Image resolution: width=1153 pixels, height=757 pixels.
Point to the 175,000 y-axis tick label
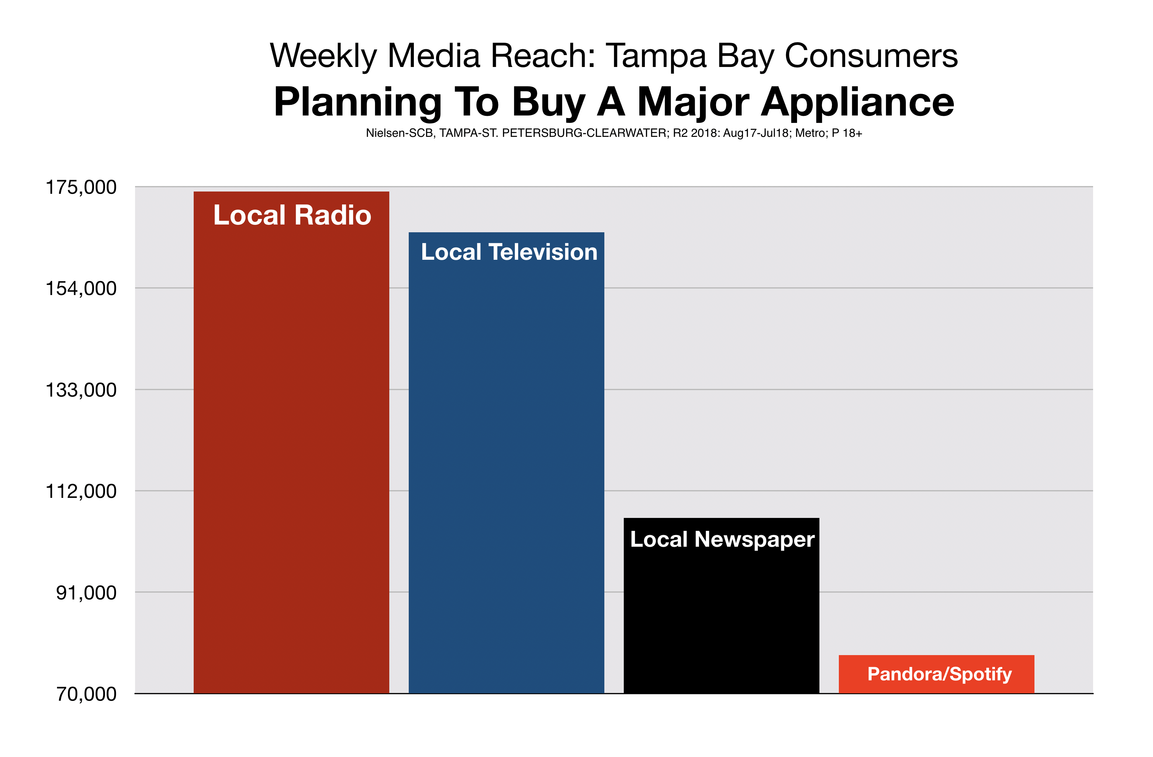click(81, 187)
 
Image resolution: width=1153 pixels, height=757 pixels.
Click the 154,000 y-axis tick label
click(81, 289)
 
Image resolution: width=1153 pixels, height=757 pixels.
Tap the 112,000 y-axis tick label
click(81, 491)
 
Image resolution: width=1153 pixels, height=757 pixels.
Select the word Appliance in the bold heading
click(858, 103)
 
